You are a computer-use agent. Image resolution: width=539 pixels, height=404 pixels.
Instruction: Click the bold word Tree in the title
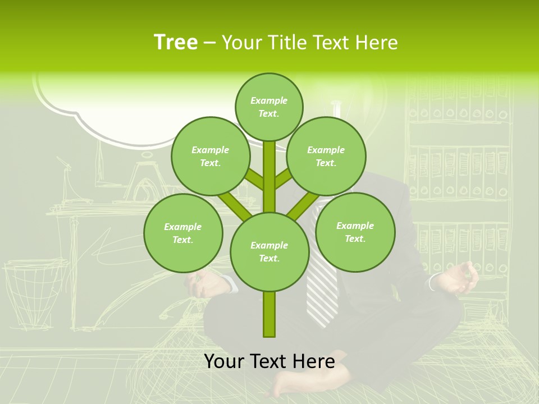pos(176,42)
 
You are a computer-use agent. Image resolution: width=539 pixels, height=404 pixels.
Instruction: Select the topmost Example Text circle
pos(269,107)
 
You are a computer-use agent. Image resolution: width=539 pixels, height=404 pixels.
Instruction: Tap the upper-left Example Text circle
pos(211,156)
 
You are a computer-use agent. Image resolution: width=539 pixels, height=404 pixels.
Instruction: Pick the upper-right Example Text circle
pos(326,156)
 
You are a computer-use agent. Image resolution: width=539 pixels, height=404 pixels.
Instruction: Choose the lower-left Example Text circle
pos(183,233)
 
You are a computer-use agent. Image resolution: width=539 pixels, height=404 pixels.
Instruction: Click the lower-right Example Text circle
pos(355,232)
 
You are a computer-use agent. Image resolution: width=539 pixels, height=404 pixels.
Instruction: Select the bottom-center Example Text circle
pos(269,251)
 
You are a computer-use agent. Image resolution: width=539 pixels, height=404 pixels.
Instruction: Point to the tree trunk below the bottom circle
pos(269,314)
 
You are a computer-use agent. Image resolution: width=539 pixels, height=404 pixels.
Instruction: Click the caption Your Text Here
pos(269,361)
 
